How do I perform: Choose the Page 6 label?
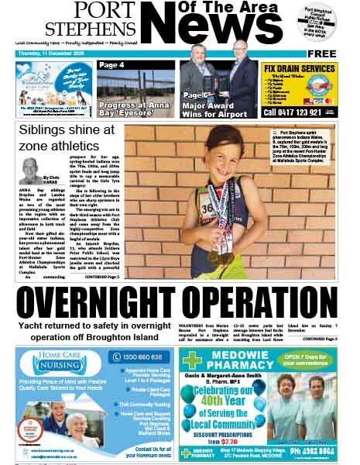click(x=194, y=92)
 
